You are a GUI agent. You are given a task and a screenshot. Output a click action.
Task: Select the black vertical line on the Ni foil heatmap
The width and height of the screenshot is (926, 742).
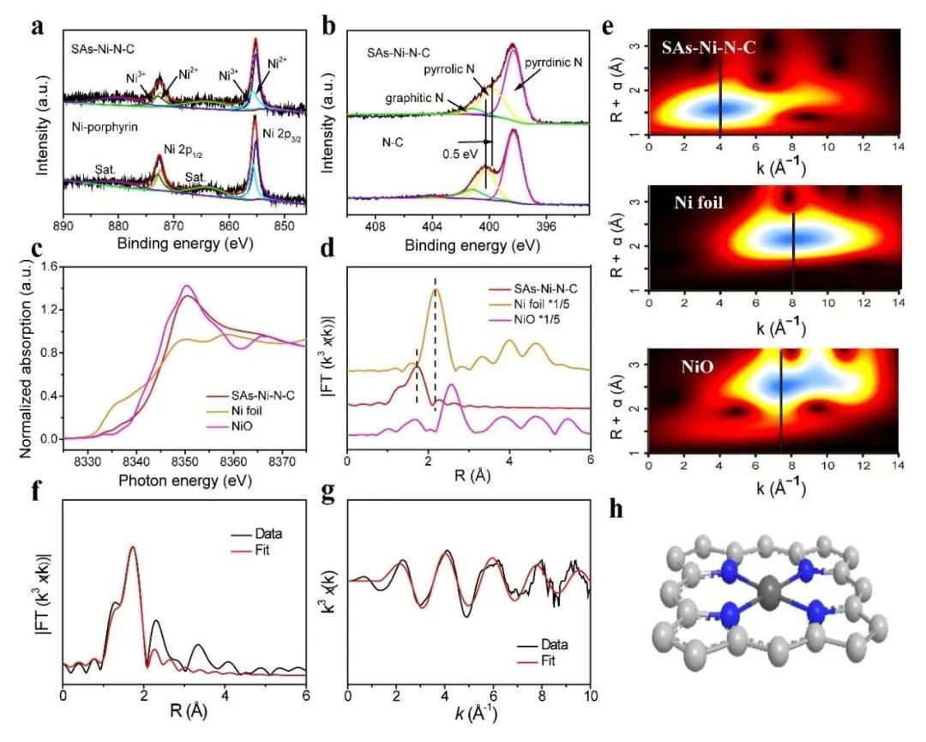tap(793, 249)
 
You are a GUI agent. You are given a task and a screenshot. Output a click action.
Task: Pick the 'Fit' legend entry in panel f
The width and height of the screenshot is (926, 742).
tap(257, 549)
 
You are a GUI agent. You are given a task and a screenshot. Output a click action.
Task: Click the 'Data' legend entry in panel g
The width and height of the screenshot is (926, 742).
tap(555, 644)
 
